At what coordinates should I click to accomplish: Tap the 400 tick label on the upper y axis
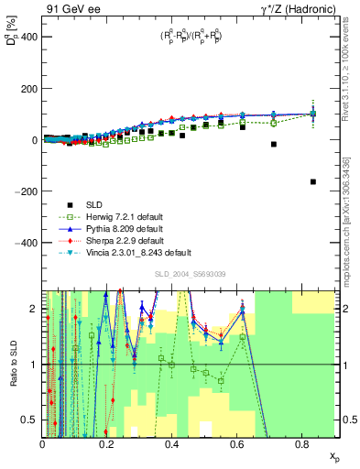pos(27,38)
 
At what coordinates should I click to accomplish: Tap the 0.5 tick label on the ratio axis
pos(29,420)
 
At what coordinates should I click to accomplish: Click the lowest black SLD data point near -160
pos(312,181)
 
